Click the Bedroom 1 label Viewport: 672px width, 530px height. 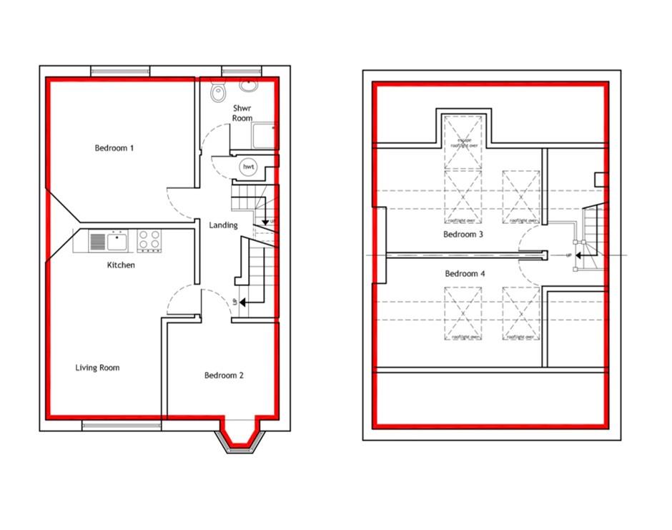(114, 148)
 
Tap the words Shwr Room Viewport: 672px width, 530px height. (242, 113)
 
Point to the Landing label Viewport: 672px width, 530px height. (223, 225)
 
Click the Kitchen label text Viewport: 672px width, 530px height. (121, 265)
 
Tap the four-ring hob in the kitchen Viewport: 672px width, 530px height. (149, 241)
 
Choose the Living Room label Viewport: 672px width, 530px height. (97, 368)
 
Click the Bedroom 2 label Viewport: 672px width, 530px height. (224, 376)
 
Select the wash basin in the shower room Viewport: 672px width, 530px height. (248, 85)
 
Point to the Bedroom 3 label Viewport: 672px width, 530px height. (463, 235)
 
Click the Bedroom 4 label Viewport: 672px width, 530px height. (465, 274)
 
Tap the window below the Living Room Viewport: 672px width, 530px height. (120, 426)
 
